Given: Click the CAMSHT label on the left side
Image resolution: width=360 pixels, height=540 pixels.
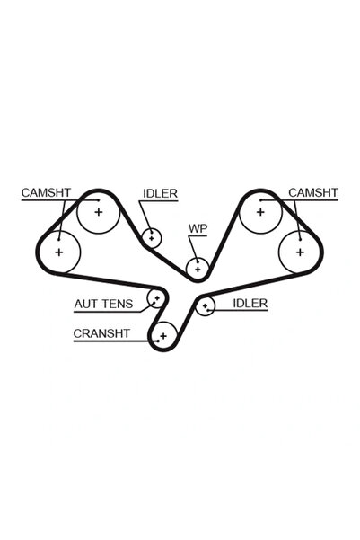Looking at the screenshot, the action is click(x=46, y=192).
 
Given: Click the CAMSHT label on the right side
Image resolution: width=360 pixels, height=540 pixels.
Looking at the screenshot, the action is click(x=313, y=192).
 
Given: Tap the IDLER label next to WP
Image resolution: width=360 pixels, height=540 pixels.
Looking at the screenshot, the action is click(x=160, y=193).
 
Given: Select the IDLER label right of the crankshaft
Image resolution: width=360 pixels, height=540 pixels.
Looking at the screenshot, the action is click(x=250, y=304).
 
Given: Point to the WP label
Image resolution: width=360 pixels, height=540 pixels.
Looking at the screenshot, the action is click(x=198, y=229).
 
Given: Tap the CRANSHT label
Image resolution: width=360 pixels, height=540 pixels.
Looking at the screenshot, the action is click(x=101, y=333).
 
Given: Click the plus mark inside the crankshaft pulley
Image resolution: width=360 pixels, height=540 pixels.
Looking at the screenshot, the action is click(x=163, y=336).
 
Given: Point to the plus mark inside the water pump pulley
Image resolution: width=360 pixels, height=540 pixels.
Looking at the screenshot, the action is click(x=198, y=270).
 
